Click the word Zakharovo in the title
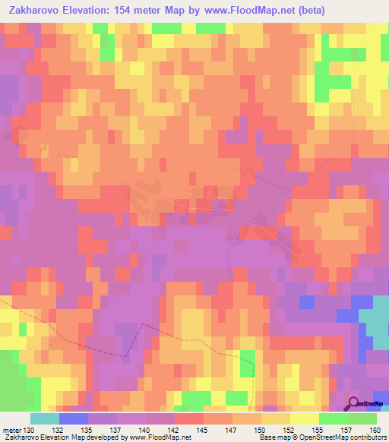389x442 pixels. (x=36, y=11)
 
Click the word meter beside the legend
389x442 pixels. (x=11, y=429)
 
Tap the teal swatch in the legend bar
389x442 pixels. (x=45, y=418)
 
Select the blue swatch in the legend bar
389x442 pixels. (x=74, y=418)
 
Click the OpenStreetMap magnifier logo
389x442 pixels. (x=355, y=404)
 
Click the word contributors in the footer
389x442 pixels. (x=368, y=438)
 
